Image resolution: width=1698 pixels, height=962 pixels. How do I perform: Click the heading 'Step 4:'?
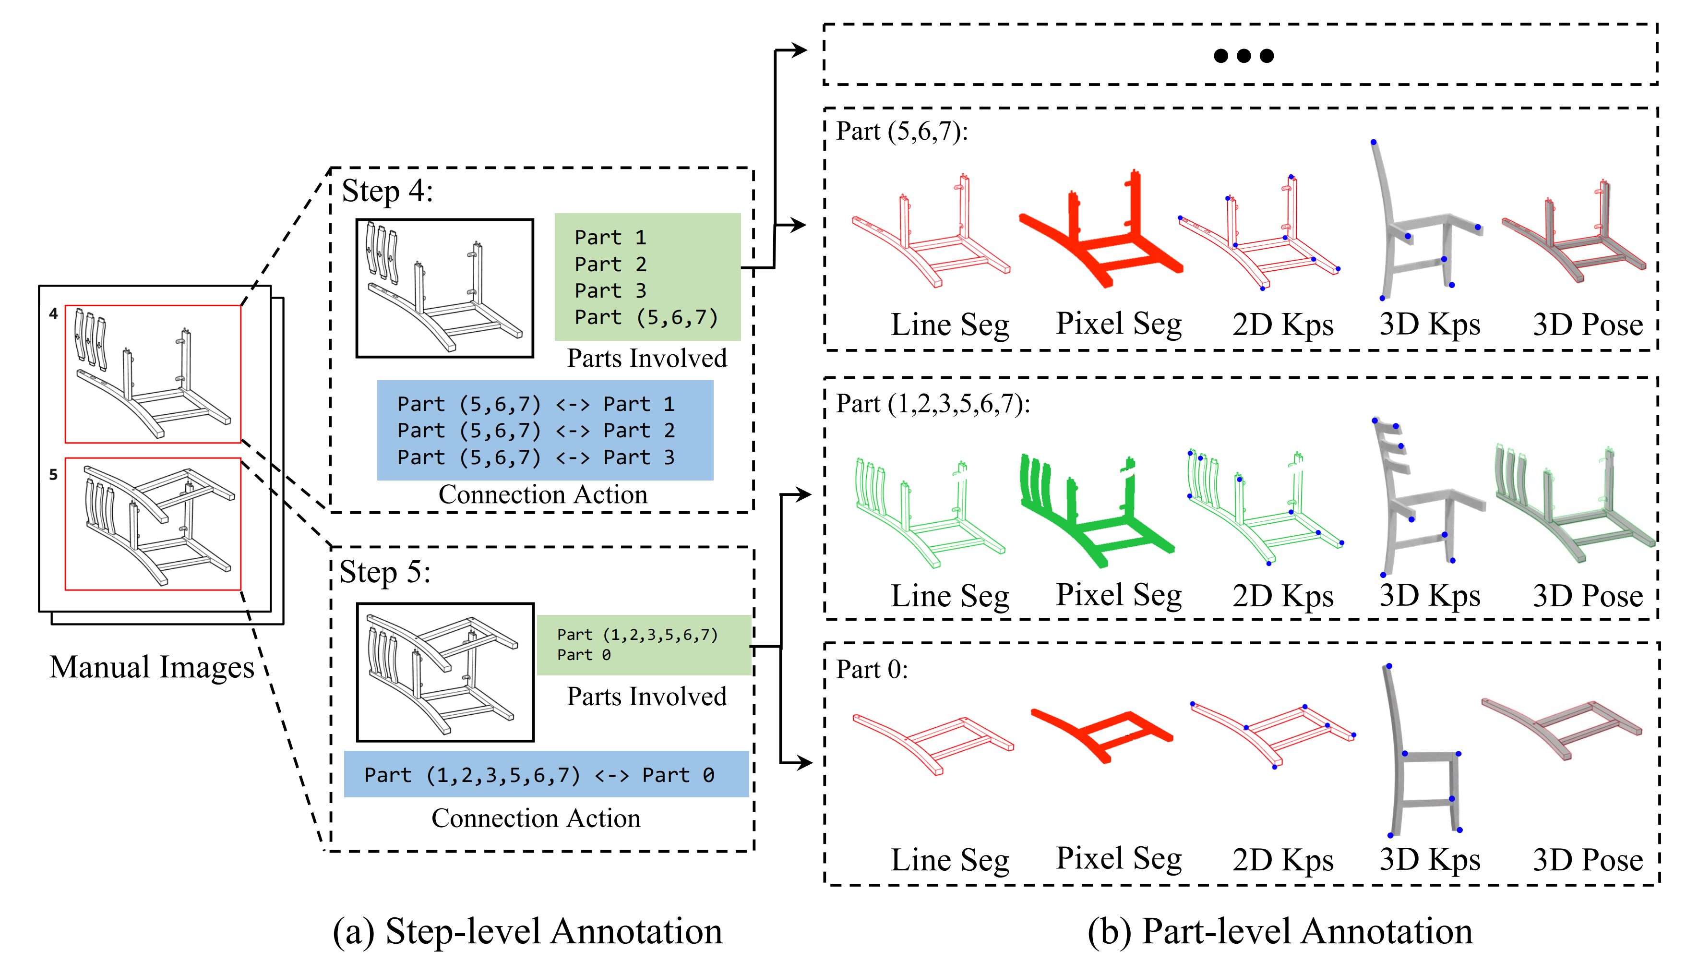tap(387, 191)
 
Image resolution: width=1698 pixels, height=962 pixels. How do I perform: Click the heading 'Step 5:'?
tap(384, 572)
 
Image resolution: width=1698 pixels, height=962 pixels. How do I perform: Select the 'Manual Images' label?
tap(152, 667)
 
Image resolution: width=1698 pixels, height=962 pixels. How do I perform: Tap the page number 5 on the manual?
tap(53, 474)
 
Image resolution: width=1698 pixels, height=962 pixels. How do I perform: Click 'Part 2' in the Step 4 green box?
tap(610, 265)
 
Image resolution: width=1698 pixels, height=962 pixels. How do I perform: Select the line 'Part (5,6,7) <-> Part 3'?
tap(536, 457)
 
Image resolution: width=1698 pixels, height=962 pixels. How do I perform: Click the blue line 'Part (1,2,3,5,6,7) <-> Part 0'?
tap(539, 775)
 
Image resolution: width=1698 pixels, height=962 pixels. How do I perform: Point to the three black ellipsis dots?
tap(1244, 56)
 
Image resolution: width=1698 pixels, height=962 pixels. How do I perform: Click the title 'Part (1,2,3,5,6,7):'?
tap(933, 403)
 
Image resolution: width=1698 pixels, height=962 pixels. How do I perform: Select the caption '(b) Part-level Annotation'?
tap(1280, 932)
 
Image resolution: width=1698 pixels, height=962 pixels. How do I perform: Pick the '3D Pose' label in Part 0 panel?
tap(1588, 860)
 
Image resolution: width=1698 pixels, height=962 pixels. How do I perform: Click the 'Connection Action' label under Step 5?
tap(536, 818)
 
